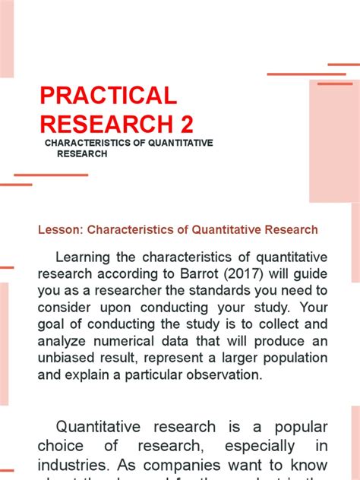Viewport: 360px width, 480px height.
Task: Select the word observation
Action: (220, 374)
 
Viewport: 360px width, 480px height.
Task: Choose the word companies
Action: (205, 463)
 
